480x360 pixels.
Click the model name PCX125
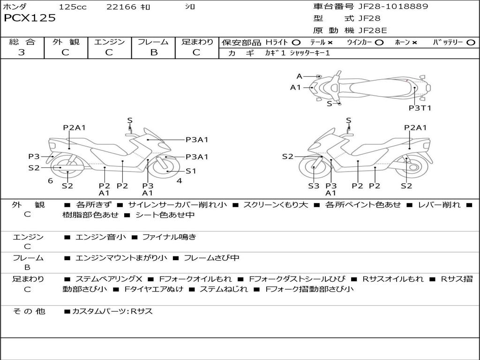[x=30, y=18]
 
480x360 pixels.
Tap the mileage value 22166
[x=121, y=7]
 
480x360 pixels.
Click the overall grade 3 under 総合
[x=22, y=52]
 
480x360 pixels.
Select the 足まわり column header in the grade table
[x=197, y=42]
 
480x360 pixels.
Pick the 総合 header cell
[x=22, y=42]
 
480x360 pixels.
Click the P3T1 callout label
[x=420, y=108]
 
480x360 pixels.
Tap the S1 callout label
[x=191, y=171]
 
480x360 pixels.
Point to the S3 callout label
[x=314, y=186]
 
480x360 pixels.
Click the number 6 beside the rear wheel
[x=50, y=181]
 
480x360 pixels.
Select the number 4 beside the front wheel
[x=179, y=181]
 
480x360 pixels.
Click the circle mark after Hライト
[x=296, y=43]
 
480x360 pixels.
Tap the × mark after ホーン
[x=414, y=43]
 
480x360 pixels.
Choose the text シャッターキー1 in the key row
[x=310, y=53]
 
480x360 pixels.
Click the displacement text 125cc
[x=73, y=7]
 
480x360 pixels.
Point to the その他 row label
[x=29, y=311]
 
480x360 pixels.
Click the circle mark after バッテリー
[x=471, y=43]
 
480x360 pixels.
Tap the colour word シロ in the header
[x=190, y=7]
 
